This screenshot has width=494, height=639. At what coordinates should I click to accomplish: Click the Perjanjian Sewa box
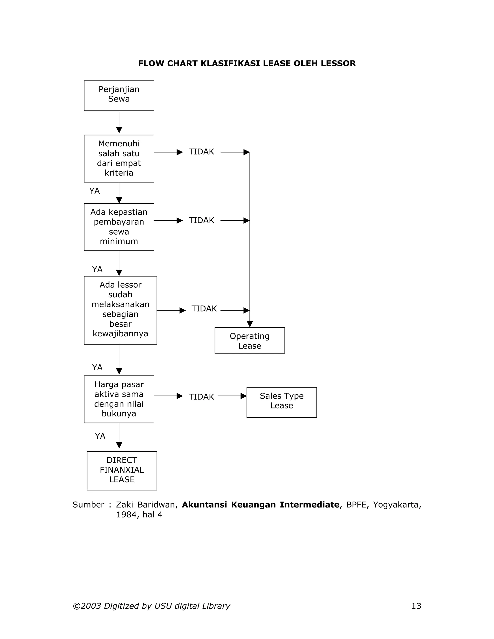[x=119, y=96]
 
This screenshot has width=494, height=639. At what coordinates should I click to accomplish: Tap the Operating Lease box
[x=249, y=340]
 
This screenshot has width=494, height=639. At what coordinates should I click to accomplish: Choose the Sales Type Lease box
[x=281, y=402]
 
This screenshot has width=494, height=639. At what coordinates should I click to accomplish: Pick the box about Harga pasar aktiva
[x=119, y=399]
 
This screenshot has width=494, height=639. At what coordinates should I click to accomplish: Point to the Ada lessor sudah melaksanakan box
[x=120, y=310]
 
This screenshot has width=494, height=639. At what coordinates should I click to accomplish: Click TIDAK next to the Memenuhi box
[x=201, y=152]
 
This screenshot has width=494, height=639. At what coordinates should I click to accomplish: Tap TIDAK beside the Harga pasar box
[x=201, y=397]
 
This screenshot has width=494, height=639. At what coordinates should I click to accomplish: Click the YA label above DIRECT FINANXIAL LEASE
[x=100, y=436]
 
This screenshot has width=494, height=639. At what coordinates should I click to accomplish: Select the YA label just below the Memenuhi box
[x=95, y=191]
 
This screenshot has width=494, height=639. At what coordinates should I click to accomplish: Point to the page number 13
[x=416, y=606]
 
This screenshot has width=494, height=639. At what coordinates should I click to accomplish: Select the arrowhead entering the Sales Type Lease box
[x=243, y=396]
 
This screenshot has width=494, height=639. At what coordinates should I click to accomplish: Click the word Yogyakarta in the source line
[x=397, y=505]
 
